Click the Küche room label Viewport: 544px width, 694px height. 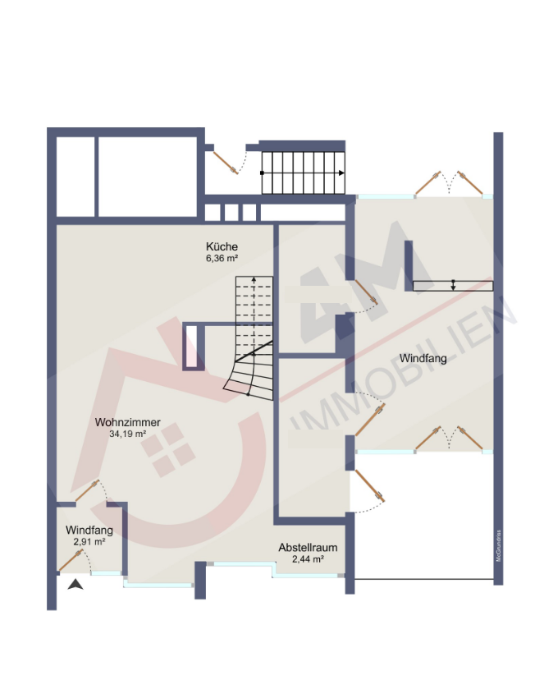tap(222, 246)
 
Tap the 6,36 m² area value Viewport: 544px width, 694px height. tap(222, 259)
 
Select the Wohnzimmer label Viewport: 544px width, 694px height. tap(127, 422)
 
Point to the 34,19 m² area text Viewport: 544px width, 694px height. tap(127, 434)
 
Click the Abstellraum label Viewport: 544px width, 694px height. tap(308, 548)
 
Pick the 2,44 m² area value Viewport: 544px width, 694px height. tap(308, 559)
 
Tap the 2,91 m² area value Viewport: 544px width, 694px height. tap(89, 542)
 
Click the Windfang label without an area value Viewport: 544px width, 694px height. tap(423, 358)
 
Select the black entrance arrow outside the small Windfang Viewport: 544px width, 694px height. tap(75, 584)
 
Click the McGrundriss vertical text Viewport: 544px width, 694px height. tap(498, 545)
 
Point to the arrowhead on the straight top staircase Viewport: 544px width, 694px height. tap(341, 173)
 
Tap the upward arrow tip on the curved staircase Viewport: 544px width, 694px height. tap(254, 280)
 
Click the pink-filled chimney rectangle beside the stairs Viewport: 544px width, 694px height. tap(191, 346)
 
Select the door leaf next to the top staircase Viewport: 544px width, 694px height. tap(226, 163)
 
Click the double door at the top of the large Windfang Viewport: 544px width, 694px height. tap(449, 183)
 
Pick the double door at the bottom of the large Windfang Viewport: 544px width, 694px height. tap(449, 439)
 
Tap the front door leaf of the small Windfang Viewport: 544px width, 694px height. tap(71, 560)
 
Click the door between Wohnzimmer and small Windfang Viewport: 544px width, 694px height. tap(87, 491)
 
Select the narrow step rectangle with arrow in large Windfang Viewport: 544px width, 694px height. tap(453, 286)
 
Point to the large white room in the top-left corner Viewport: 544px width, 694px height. tap(147, 177)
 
